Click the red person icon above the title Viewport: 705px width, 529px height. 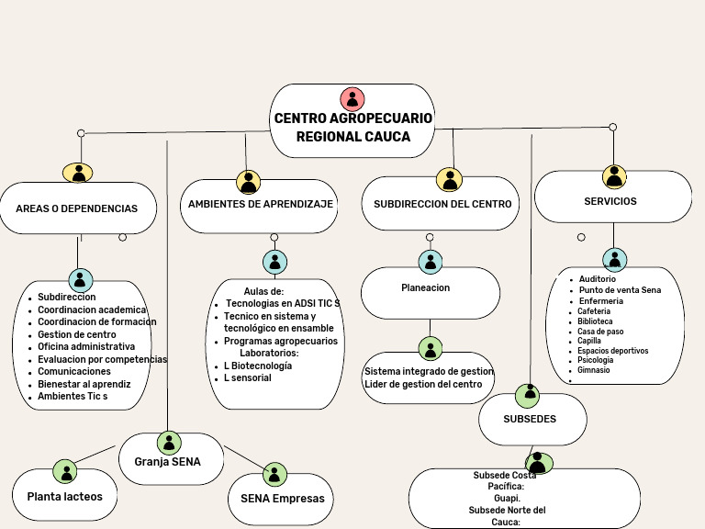(x=352, y=98)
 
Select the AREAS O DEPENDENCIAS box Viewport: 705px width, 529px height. (x=76, y=208)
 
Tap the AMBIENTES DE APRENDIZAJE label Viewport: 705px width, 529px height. (x=261, y=204)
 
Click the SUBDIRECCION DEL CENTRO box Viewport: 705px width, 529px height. (x=442, y=204)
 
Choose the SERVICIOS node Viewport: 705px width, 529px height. (x=610, y=201)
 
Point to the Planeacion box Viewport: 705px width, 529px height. (x=426, y=288)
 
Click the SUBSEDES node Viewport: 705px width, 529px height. (x=530, y=419)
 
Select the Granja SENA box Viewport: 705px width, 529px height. (x=167, y=461)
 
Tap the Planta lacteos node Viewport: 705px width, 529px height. (x=64, y=497)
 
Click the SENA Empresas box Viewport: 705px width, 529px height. (x=283, y=499)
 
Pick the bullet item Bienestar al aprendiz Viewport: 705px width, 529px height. (x=84, y=384)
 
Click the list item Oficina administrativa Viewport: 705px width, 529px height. (x=86, y=346)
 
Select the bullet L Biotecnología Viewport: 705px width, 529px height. (x=258, y=366)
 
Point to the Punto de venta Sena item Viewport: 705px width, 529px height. (x=620, y=290)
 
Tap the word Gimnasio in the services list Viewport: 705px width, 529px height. (x=594, y=370)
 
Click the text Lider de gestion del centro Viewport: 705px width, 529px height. (x=423, y=384)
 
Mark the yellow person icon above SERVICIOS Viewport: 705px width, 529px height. (x=614, y=176)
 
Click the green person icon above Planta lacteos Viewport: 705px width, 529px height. (x=64, y=471)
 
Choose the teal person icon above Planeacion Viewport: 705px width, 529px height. (x=430, y=262)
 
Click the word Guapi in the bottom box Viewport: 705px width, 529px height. (x=508, y=498)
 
